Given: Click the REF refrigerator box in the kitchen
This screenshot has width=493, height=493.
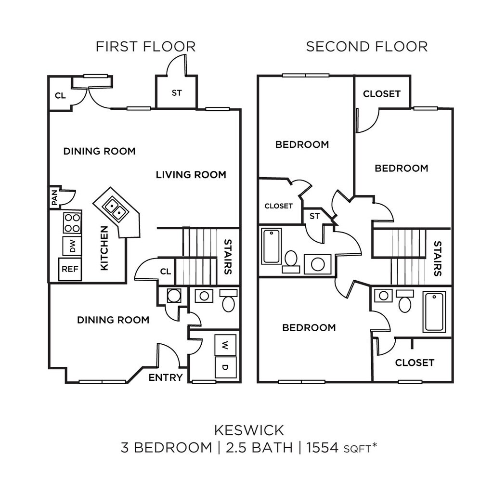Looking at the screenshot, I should coord(70,270).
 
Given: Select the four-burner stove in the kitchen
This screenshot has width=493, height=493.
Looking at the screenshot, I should coord(72,223).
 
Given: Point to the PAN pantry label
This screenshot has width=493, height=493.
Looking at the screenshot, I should coord(54,197).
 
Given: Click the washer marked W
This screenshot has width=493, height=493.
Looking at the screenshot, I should coord(225,345).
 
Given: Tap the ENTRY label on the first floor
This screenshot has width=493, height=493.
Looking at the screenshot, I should coord(165,377).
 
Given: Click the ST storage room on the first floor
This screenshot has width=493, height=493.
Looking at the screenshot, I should coord(177,92).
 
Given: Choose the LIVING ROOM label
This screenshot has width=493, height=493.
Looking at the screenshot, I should coord(191,175).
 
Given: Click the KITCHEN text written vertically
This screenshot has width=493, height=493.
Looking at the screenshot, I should coord(104,248).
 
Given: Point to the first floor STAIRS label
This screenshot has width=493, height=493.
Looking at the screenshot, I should coord(228,257).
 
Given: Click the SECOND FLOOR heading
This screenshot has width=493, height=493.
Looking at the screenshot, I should coord(366,47).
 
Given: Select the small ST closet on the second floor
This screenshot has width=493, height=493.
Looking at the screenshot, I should coord(314,216).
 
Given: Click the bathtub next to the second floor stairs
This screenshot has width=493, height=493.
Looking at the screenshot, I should coord(434,311).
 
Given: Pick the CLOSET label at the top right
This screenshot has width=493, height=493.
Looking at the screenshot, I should coord(381,94).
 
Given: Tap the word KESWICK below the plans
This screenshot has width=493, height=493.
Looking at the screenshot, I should coord(249,429).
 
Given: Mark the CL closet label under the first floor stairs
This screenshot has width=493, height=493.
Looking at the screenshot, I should coord(165,272).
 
